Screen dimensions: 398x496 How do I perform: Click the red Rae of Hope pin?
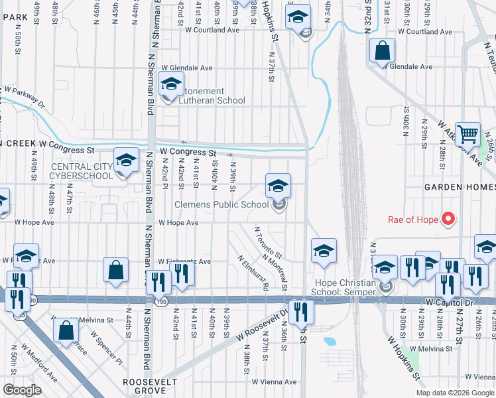(x=448, y=218)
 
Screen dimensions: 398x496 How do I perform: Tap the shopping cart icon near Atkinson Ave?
(x=467, y=135)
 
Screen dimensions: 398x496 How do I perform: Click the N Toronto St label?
(x=269, y=243)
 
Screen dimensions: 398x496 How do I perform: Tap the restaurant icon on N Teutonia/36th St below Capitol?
(x=302, y=311)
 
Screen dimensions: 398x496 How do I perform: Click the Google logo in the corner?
(x=21, y=390)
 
